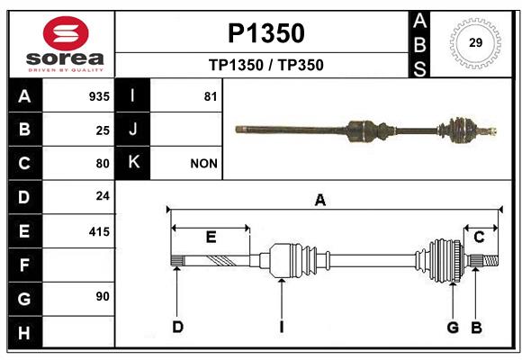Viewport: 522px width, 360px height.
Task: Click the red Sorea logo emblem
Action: (x=66, y=33)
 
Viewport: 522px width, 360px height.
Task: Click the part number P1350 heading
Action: (x=266, y=33)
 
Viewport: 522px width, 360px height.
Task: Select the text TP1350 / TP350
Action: (x=266, y=65)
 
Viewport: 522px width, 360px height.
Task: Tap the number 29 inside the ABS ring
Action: (x=475, y=42)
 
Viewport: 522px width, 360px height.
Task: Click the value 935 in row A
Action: (x=99, y=96)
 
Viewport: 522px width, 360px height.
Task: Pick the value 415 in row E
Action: (x=99, y=232)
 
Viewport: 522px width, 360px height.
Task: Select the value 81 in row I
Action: (x=211, y=96)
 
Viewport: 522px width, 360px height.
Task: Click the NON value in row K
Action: (x=203, y=164)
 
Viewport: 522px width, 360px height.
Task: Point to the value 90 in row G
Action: (x=103, y=296)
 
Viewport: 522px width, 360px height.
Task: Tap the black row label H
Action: (x=25, y=333)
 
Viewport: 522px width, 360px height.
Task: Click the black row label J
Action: (x=132, y=130)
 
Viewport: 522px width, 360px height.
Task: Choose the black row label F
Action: (x=25, y=265)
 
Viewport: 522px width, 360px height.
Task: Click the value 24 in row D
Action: (x=103, y=196)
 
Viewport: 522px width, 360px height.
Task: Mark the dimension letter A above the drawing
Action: (x=320, y=200)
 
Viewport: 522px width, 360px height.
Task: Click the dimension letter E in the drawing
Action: (x=211, y=237)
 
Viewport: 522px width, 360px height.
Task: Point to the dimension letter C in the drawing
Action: (x=479, y=238)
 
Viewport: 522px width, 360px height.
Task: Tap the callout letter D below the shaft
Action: (x=178, y=327)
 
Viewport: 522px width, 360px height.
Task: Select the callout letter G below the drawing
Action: (x=453, y=328)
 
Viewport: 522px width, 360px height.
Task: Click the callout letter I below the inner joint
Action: (x=282, y=327)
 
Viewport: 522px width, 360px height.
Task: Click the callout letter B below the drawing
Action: (x=476, y=328)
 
